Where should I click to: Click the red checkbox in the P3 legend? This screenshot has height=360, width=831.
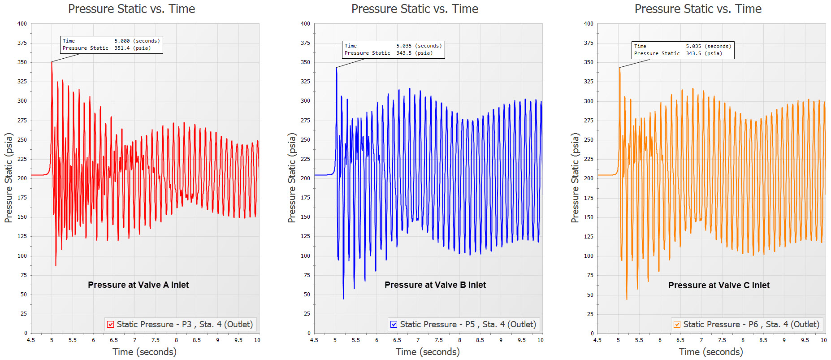[x=110, y=325]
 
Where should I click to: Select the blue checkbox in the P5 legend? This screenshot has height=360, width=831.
[x=394, y=325]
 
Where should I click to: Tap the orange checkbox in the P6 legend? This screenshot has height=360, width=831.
[x=677, y=325]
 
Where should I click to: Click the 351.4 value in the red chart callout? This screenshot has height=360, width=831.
[x=122, y=48]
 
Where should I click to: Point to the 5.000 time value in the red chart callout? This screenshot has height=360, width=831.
[x=122, y=41]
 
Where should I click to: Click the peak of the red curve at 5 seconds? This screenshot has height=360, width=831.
[x=52, y=62]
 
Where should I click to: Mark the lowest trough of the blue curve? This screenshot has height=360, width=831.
[x=343, y=298]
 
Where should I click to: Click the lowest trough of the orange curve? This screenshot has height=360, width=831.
[x=627, y=299]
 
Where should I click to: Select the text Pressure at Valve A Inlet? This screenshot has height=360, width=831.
[x=138, y=285]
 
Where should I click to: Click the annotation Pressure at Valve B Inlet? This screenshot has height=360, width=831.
[x=435, y=285]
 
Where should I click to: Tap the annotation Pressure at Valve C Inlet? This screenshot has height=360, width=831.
[x=718, y=285]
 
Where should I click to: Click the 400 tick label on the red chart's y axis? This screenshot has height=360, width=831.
[x=22, y=24]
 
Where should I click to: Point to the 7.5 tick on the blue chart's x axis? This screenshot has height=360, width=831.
[x=438, y=340]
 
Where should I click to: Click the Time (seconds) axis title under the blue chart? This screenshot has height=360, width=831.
[x=428, y=352]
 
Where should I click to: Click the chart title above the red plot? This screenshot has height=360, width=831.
[x=131, y=9]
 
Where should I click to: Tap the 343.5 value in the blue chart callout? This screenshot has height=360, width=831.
[x=404, y=53]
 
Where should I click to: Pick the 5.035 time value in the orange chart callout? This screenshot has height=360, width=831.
[x=693, y=46]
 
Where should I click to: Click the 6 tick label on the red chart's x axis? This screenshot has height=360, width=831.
[x=93, y=340]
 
